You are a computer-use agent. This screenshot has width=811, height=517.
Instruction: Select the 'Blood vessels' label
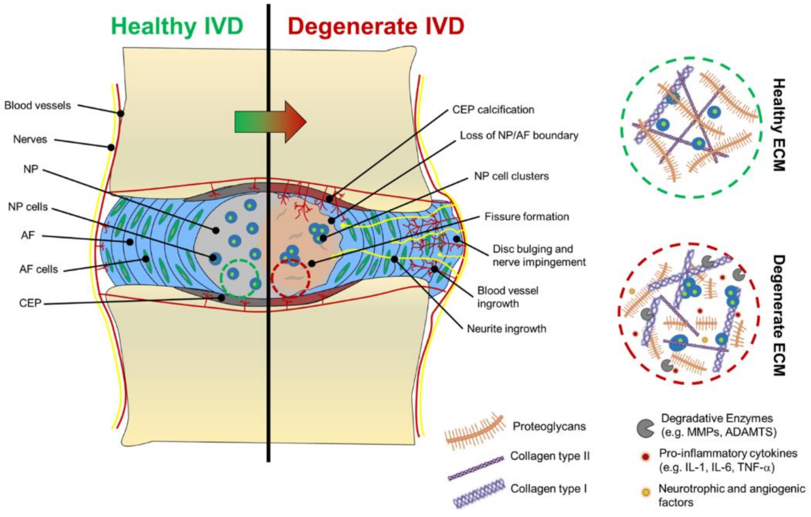coord(37,105)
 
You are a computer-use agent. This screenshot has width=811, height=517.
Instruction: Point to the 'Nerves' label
coord(30,139)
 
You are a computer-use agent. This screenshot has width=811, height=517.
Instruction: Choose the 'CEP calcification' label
coord(493,109)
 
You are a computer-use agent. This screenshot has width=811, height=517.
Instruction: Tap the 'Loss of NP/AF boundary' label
coord(519,135)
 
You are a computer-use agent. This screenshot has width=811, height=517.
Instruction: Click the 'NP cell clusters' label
coord(511,176)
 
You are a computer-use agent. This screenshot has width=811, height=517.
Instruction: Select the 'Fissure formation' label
coord(526,216)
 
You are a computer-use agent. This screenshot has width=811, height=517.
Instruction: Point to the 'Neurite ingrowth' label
coord(506,329)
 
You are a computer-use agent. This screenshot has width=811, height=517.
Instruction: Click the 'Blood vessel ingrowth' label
coord(508,297)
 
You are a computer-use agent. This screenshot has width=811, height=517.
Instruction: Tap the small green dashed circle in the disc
coord(239,277)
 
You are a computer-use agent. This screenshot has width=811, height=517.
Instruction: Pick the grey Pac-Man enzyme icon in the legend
coord(645,428)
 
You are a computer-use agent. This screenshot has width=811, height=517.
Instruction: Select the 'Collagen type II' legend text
coord(550,456)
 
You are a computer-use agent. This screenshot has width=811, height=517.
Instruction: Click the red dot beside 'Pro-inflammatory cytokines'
coord(645,457)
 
